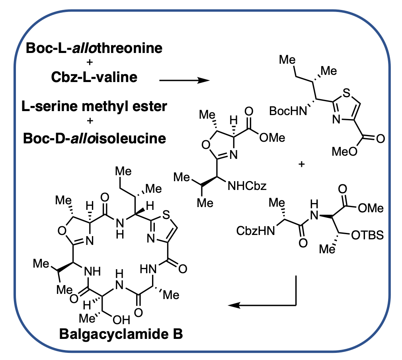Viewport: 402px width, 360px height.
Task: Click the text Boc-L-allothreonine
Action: pos(94,49)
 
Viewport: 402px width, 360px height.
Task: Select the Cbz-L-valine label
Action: pos(94,77)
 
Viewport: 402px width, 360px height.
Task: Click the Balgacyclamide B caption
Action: pos(121,334)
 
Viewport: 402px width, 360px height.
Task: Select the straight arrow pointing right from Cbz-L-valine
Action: pos(184,80)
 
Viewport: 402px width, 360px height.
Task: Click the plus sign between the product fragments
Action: pos(301,164)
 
